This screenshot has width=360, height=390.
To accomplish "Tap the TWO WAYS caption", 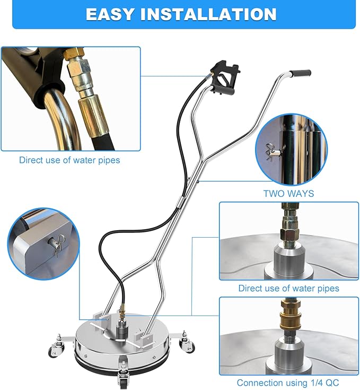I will point(288,194).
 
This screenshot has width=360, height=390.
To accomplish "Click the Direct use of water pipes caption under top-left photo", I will point(70,160).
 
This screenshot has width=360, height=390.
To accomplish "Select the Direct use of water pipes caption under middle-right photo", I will point(289,289).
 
